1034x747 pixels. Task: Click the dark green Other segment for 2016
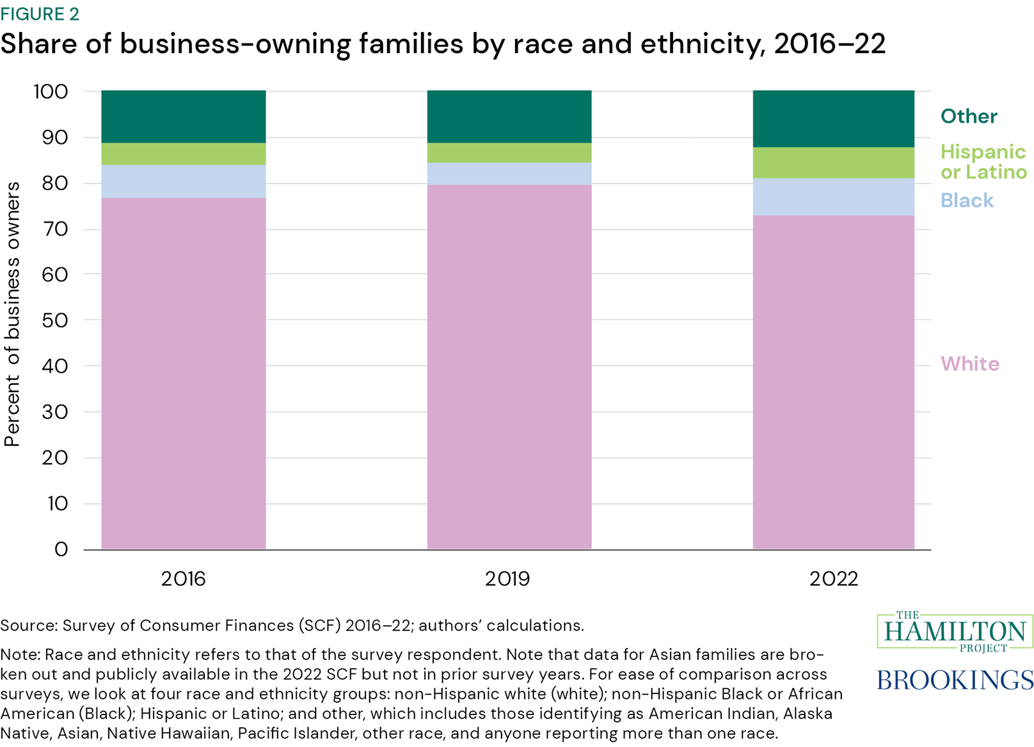[x=184, y=116]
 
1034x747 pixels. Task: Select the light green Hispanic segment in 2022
[x=833, y=162]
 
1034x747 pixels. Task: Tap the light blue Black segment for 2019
[x=509, y=174]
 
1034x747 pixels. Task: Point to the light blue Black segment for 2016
[x=184, y=182]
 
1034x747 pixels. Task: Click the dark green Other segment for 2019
[x=509, y=116]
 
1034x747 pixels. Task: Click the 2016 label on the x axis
[x=184, y=579]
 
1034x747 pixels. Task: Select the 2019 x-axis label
[x=507, y=579]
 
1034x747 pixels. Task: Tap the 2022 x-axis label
[x=833, y=579]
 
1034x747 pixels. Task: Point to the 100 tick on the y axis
[x=51, y=91]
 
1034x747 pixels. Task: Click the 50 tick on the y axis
[x=55, y=320]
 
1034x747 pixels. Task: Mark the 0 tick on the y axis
[x=61, y=549]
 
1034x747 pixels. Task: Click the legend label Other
[x=968, y=116]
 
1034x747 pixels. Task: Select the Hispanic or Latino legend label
[x=983, y=162]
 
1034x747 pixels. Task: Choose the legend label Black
[x=966, y=201]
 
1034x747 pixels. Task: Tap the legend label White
[x=969, y=364]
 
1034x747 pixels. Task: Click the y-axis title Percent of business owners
[x=13, y=314]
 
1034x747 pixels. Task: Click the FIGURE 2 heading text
[x=40, y=14]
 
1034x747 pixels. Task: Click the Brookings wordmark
[x=955, y=679]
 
